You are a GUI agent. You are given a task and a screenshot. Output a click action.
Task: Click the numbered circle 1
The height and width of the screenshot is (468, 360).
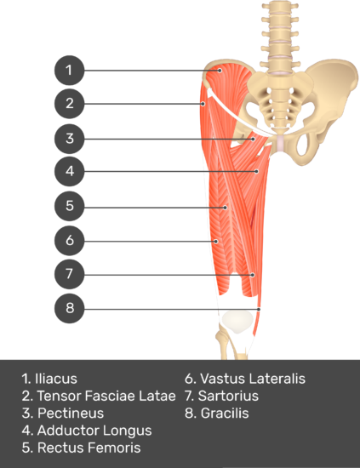point(69,71)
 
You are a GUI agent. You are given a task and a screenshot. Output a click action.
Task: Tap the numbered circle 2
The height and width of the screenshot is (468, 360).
point(69,104)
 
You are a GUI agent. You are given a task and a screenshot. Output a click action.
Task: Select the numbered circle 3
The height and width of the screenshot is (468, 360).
point(69,139)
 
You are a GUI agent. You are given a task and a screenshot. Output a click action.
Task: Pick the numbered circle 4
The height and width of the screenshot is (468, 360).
point(69,171)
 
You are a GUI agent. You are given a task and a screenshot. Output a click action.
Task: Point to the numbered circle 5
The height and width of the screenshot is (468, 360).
point(69,206)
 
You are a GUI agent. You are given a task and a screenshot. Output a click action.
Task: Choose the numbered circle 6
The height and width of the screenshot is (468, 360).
point(69,241)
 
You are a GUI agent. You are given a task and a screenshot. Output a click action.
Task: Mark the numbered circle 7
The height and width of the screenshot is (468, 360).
point(69,274)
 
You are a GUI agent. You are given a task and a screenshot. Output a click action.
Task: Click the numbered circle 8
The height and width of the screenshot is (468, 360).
point(69,308)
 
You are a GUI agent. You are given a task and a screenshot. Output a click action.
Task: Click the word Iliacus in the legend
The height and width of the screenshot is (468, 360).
point(56,379)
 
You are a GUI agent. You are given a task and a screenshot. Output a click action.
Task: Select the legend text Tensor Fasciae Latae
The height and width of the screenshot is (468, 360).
point(106,396)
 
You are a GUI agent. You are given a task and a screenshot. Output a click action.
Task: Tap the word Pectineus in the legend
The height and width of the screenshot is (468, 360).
point(71,414)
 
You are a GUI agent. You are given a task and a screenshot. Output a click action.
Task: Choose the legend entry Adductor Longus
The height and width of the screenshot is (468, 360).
point(94,431)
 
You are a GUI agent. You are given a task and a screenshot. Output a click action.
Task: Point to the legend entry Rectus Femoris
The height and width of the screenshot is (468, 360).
point(89,448)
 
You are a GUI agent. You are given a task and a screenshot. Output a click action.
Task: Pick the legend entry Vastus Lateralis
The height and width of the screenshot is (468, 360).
point(253,379)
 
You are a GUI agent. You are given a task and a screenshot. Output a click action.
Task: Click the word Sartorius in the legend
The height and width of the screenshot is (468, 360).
point(228,396)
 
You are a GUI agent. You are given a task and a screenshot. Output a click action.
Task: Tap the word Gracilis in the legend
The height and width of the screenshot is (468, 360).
point(225,414)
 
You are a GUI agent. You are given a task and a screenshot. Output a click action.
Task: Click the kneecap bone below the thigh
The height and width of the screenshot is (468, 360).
point(237,322)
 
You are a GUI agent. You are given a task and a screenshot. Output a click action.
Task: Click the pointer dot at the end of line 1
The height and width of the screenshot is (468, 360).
point(220,71)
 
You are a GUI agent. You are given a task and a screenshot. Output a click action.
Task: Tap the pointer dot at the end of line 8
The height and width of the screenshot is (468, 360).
point(259,310)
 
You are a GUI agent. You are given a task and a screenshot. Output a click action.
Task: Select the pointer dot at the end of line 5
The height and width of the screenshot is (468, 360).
point(226,208)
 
